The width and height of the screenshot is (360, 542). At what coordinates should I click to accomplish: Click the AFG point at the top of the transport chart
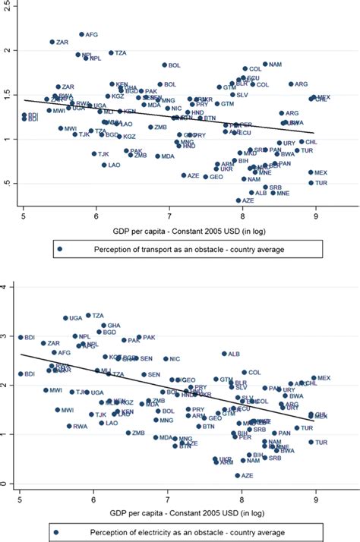click(82, 34)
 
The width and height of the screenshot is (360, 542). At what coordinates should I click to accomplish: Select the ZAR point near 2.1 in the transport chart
click(52, 42)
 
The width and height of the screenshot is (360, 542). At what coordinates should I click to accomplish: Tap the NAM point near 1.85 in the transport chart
click(265, 65)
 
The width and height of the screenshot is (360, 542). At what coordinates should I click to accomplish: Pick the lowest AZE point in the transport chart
click(238, 200)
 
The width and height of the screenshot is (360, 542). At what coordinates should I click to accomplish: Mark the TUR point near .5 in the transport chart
click(311, 183)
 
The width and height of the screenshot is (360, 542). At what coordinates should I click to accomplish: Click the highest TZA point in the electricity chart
click(88, 315)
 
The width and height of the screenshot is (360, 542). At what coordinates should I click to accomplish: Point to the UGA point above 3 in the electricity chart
click(65, 318)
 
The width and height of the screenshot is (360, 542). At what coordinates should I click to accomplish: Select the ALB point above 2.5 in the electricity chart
click(224, 354)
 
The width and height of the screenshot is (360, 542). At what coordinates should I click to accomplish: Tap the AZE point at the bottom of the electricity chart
click(238, 475)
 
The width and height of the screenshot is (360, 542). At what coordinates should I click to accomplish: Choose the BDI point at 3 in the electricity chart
click(21, 337)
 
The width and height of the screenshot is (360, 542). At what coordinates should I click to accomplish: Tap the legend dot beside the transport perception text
click(59, 248)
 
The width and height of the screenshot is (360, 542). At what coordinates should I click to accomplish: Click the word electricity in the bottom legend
click(146, 531)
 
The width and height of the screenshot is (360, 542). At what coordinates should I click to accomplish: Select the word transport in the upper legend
click(144, 248)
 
